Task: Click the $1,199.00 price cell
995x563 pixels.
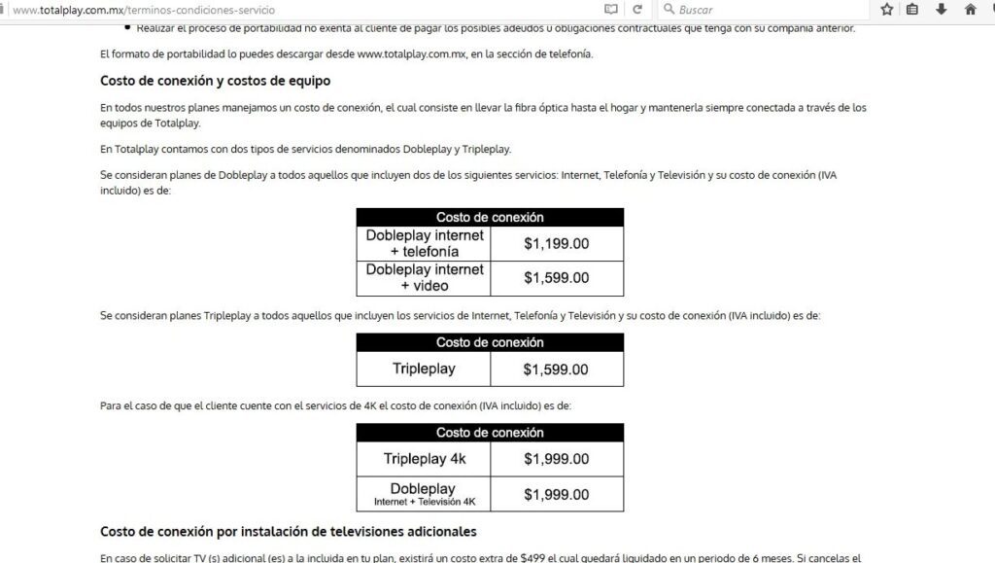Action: [x=556, y=243]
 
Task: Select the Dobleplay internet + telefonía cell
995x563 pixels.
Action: [x=424, y=243]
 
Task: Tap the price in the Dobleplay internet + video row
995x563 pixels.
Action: [x=556, y=278]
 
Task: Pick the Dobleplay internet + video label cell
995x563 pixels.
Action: [x=424, y=278]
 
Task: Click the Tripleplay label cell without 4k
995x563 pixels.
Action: [x=424, y=369]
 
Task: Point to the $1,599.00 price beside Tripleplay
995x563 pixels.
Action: [x=556, y=369]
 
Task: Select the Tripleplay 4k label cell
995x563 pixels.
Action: [x=424, y=459]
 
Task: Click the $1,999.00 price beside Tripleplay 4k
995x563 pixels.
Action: [x=556, y=459]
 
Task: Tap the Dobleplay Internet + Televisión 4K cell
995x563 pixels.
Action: [x=424, y=494]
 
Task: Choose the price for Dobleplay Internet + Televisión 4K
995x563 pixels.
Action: [x=556, y=495]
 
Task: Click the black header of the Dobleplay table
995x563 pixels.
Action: [x=490, y=218]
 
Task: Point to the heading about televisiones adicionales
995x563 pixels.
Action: [x=288, y=532]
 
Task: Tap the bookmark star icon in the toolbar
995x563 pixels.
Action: [x=886, y=10]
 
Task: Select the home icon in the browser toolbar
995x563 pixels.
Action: [x=970, y=10]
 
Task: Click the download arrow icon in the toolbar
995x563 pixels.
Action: [x=942, y=10]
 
